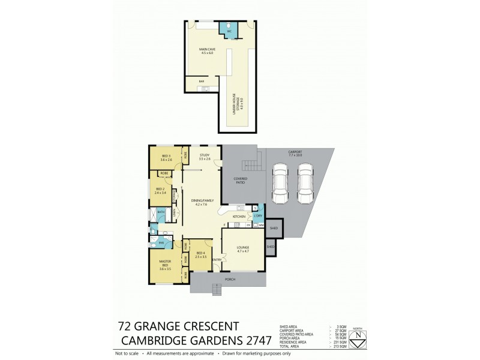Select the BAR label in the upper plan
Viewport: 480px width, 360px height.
point(191,81)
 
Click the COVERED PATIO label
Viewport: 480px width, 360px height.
point(241,179)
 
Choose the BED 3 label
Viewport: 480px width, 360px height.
point(166,158)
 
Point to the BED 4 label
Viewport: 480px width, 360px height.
point(201,254)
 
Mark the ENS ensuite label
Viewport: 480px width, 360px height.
point(161,242)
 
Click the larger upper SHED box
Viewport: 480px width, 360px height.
point(274,229)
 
